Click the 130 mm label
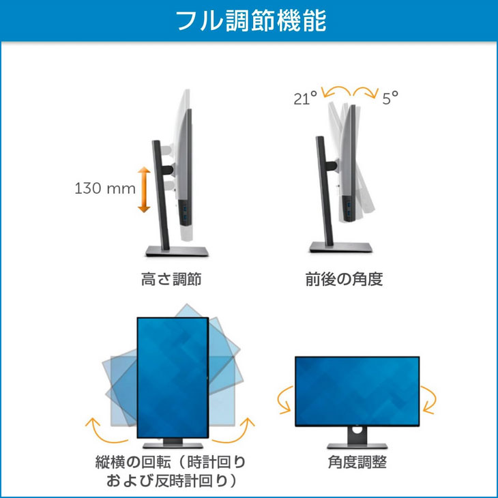click(x=105, y=188)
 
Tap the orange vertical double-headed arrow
click(x=143, y=189)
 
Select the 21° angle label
click(x=306, y=98)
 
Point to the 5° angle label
click(x=390, y=98)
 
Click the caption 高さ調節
click(x=171, y=279)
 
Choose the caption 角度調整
click(x=357, y=463)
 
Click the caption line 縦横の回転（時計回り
click(x=171, y=463)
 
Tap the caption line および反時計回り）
click(x=171, y=481)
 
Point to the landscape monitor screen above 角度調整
click(x=357, y=390)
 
